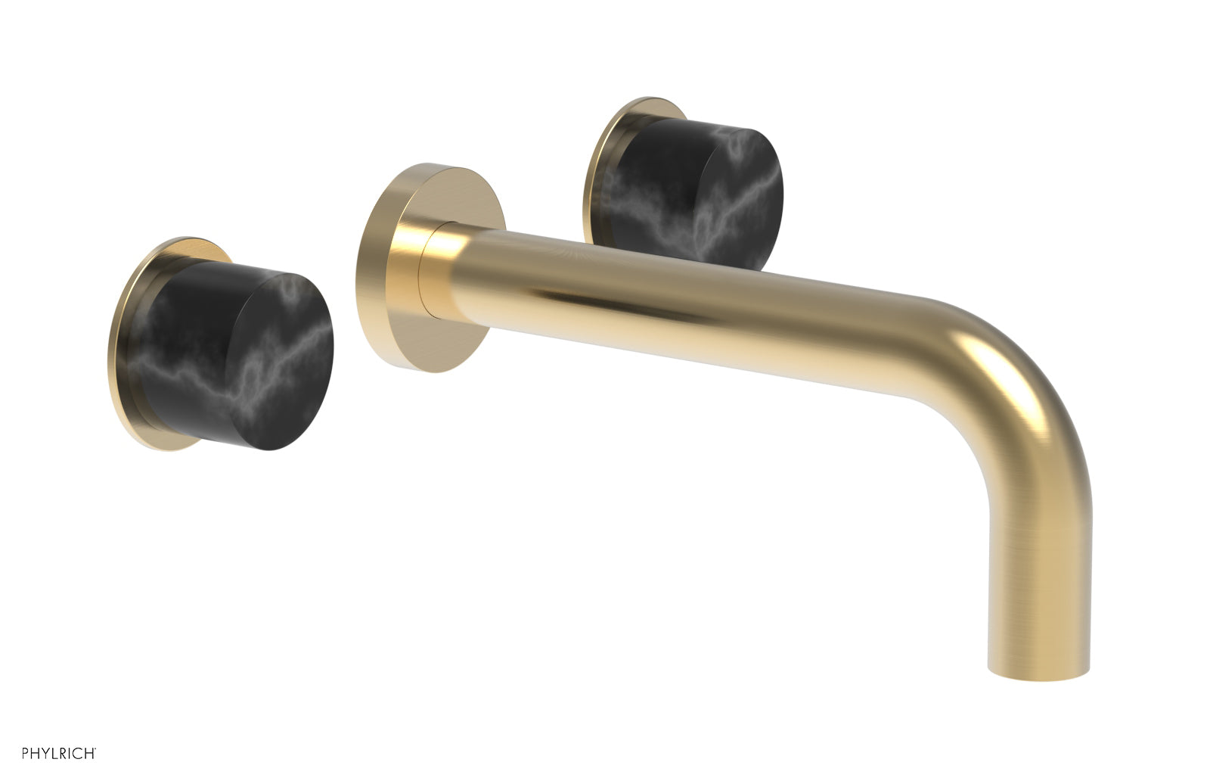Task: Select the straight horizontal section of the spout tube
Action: point(681,303)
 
